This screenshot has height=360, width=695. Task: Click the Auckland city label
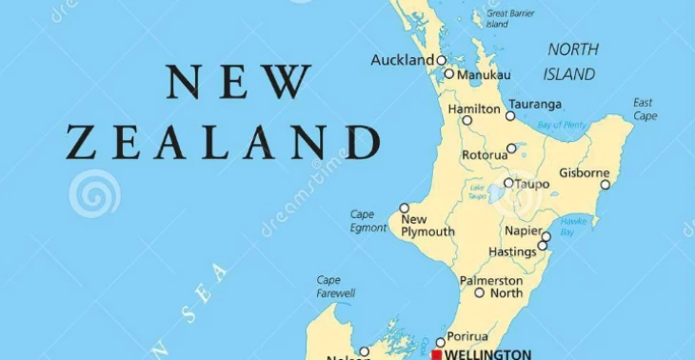(x=402, y=60)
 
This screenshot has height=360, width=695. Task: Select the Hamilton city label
(x=473, y=110)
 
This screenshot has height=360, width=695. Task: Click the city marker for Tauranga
(x=510, y=116)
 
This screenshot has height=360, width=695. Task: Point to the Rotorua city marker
(x=511, y=149)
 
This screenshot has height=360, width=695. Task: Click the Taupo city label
(x=533, y=183)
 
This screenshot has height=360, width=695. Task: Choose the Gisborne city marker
(x=605, y=185)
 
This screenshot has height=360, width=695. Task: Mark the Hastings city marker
(x=542, y=246)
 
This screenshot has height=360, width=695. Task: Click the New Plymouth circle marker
(x=404, y=208)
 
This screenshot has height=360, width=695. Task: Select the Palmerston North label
(x=491, y=287)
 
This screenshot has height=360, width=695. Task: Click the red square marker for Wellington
(x=436, y=354)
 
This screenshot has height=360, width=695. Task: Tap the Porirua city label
(x=467, y=336)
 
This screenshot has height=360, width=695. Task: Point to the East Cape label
(x=645, y=110)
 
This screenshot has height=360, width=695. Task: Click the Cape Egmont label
(x=368, y=221)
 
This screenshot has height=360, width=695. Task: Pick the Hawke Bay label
(x=573, y=227)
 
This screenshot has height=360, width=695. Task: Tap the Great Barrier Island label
(x=509, y=18)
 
